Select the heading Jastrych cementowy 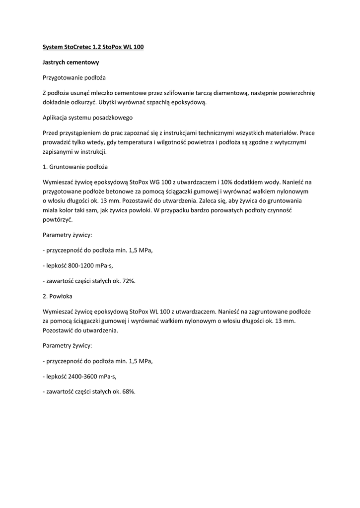pyautogui.click(x=71, y=63)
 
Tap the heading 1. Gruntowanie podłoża pyautogui.click(x=75, y=167)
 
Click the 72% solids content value pyautogui.click(x=128, y=281)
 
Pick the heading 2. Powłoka pyautogui.click(x=59, y=296)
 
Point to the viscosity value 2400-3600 pyautogui.click(x=85, y=377)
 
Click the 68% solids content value pyautogui.click(x=128, y=391)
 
